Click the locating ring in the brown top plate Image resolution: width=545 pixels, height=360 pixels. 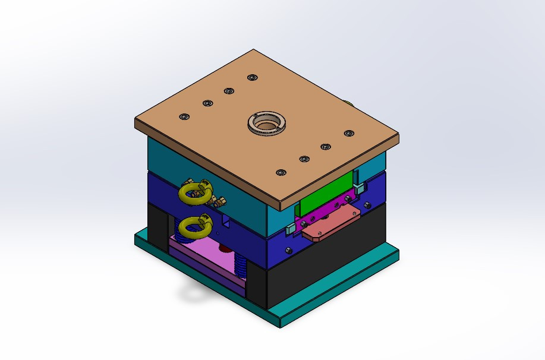point(267,124)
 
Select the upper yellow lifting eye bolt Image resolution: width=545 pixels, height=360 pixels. point(194,192)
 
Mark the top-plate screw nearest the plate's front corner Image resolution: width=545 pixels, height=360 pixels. point(281,172)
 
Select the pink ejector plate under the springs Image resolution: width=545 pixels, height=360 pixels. point(202,250)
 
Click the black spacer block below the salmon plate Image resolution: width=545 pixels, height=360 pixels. point(333,261)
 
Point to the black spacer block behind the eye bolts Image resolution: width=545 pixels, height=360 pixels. point(157,226)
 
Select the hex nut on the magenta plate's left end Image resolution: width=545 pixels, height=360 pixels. point(303,225)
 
